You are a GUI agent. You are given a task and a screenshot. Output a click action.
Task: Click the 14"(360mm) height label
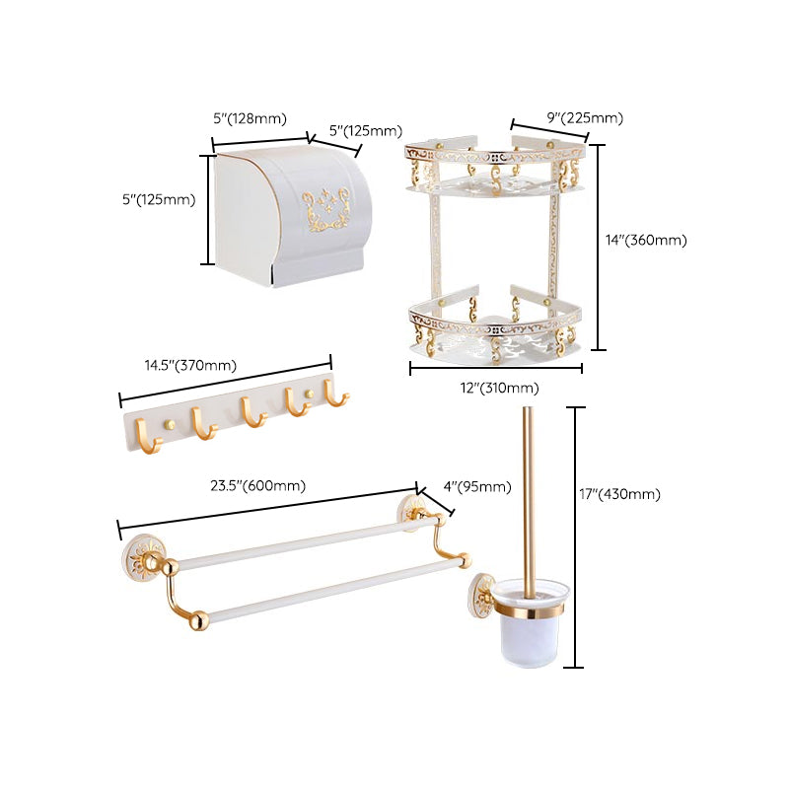(646, 240)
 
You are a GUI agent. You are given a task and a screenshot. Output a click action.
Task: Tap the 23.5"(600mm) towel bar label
(257, 485)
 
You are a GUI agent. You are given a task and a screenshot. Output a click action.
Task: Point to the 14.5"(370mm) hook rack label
(190, 366)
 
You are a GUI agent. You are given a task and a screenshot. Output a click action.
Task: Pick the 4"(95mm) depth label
(477, 485)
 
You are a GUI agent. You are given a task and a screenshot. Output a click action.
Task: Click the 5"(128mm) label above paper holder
(250, 118)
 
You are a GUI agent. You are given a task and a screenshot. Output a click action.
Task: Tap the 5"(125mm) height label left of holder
(159, 199)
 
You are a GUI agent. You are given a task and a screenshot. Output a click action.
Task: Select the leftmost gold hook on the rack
(142, 430)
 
